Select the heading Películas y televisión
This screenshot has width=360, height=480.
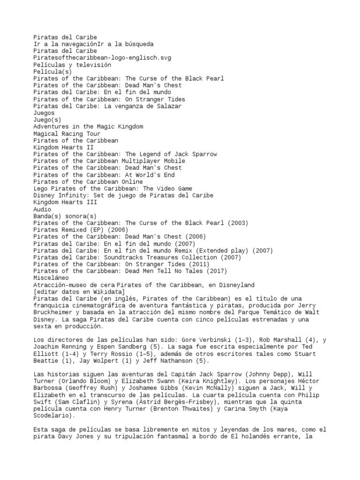[72, 65]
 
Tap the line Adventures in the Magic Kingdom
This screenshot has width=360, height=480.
[88, 127]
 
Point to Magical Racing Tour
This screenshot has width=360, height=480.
[67, 134]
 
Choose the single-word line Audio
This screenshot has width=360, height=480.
[42, 210]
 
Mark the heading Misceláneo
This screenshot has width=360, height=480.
[51, 278]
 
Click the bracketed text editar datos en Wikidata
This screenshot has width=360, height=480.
[79, 292]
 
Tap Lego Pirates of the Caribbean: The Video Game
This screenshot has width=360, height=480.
[113, 188]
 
